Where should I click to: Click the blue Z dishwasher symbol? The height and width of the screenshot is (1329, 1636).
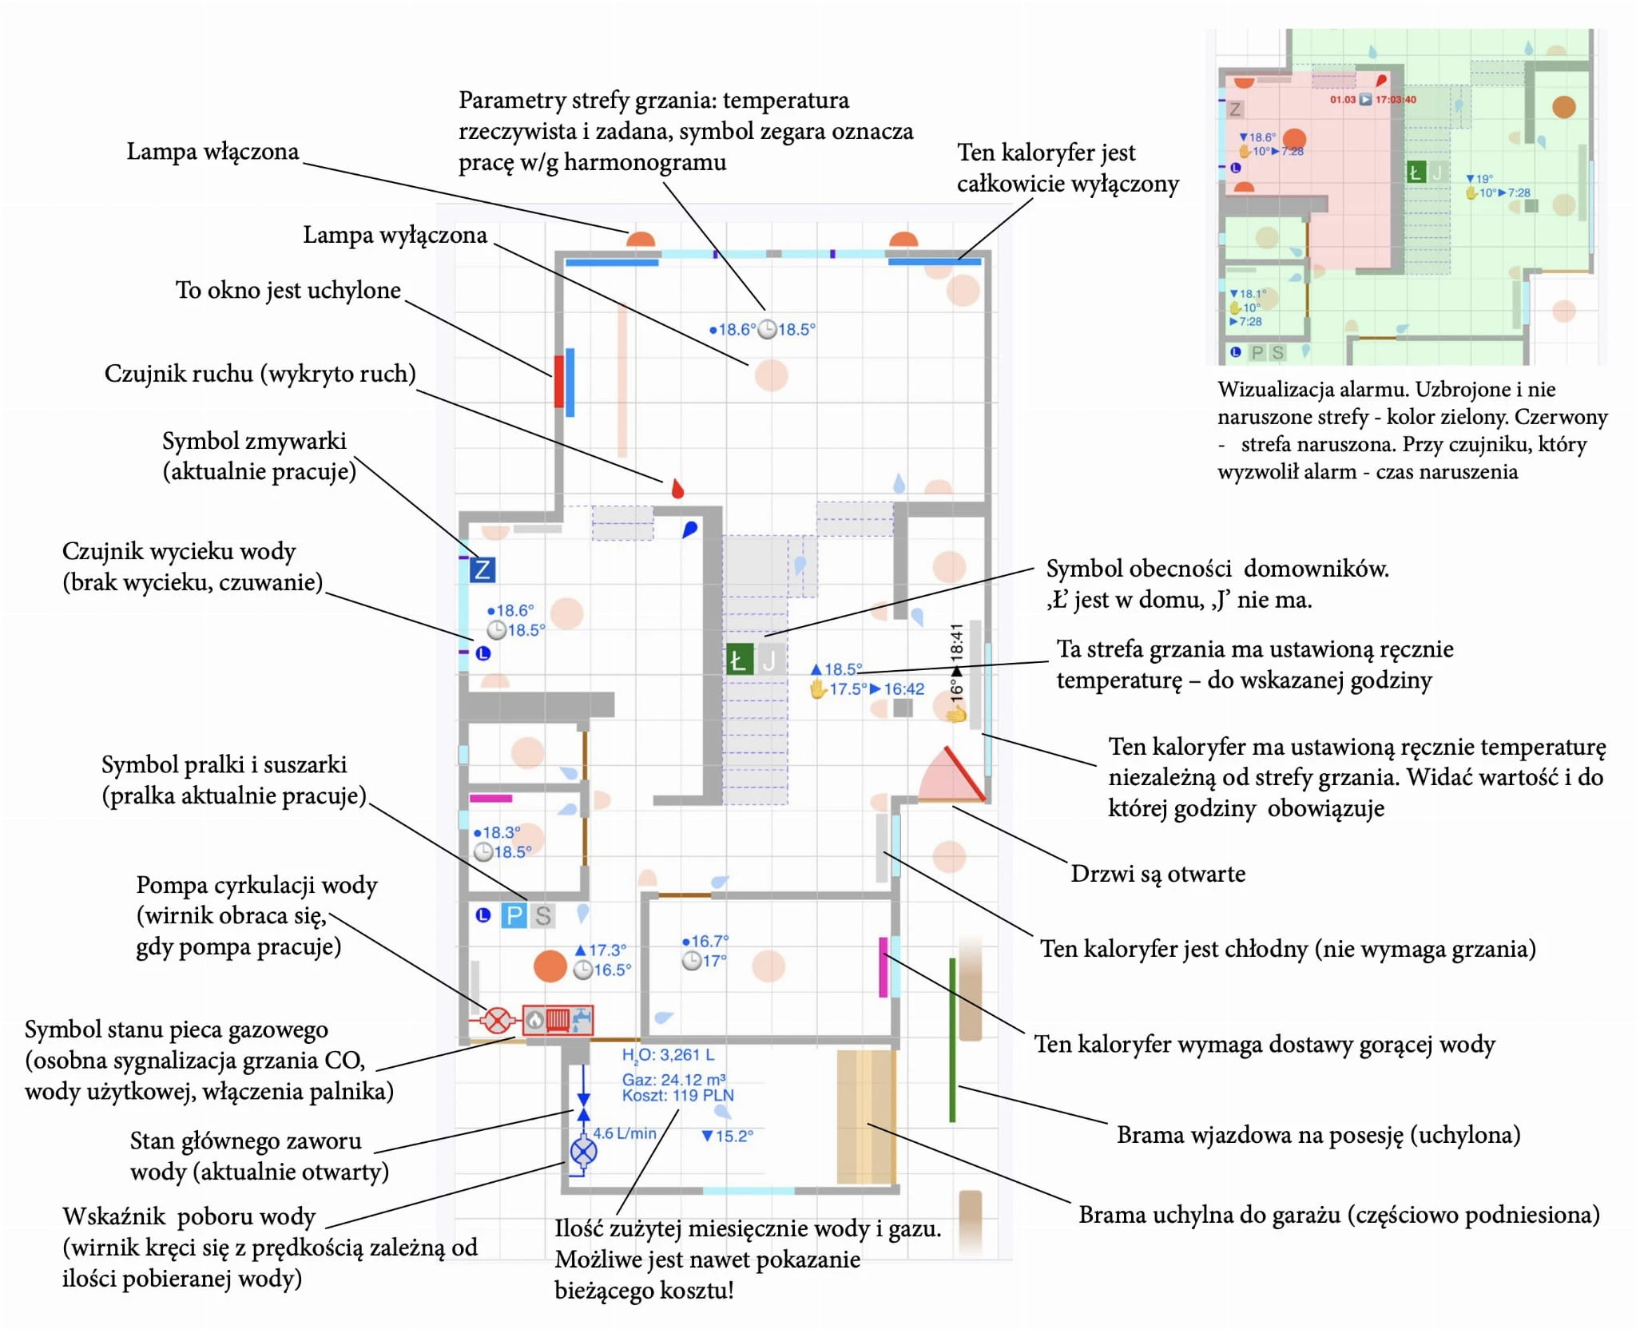pyautogui.click(x=482, y=569)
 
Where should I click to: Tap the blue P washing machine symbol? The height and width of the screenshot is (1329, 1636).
pyautogui.click(x=514, y=915)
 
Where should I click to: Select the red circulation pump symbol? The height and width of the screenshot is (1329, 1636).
pyautogui.click(x=498, y=1020)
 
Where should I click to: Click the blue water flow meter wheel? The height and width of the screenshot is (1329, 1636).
pyautogui.click(x=583, y=1152)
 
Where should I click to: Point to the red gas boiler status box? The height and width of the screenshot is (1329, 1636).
pyautogui.click(x=558, y=1019)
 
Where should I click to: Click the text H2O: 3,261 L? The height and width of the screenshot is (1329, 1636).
pyautogui.click(x=668, y=1056)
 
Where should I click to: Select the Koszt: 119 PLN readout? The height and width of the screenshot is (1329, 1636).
pyautogui.click(x=677, y=1096)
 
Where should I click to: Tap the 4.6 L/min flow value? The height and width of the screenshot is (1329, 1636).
pyautogui.click(x=624, y=1133)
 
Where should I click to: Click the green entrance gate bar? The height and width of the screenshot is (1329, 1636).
pyautogui.click(x=952, y=1040)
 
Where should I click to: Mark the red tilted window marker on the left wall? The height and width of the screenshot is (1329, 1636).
pyautogui.click(x=559, y=381)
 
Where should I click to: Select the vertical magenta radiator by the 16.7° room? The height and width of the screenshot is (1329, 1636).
pyautogui.click(x=883, y=966)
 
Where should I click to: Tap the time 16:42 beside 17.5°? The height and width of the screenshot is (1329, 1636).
pyautogui.click(x=903, y=688)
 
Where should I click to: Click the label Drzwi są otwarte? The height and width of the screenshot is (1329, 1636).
pyautogui.click(x=1158, y=873)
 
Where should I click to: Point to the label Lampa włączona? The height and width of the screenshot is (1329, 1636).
pyautogui.click(x=212, y=151)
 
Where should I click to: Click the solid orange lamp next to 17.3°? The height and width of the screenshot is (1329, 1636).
pyautogui.click(x=550, y=966)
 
